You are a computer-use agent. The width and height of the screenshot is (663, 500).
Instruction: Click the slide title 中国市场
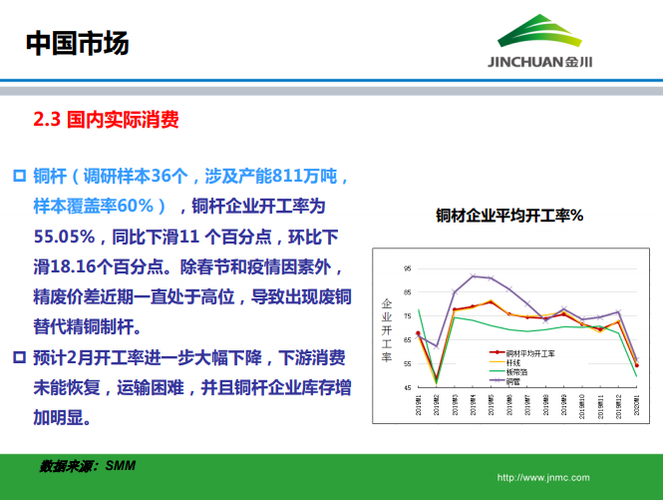pyautogui.click(x=77, y=43)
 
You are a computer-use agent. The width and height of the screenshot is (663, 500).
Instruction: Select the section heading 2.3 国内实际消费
pyautogui.click(x=107, y=121)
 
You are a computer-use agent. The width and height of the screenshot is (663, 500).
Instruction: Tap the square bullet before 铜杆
pyautogui.click(x=18, y=178)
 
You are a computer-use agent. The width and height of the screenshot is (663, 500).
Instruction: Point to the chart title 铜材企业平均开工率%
pyautogui.click(x=508, y=215)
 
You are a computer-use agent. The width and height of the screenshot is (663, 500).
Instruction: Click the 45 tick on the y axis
pyautogui.click(x=406, y=387)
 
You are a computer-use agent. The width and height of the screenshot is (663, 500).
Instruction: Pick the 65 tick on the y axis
pyautogui.click(x=406, y=340)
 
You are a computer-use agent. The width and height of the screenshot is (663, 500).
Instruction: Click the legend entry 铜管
pyautogui.click(x=512, y=380)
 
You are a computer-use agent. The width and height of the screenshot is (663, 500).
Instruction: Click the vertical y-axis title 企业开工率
pyautogui.click(x=386, y=329)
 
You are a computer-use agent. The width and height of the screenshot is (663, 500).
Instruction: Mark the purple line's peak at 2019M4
pyautogui.click(x=473, y=275)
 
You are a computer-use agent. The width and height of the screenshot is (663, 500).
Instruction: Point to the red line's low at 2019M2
pyautogui.click(x=436, y=377)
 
